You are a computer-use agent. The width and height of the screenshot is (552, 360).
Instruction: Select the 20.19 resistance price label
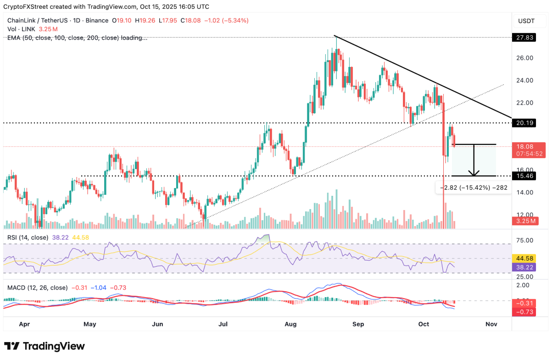click(523, 122)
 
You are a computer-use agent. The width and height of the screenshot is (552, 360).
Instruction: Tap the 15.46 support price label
click(523, 176)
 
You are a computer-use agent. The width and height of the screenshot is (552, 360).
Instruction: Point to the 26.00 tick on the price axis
click(523, 58)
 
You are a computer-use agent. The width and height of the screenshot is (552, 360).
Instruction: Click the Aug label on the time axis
click(290, 324)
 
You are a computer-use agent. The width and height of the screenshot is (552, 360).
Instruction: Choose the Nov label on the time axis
click(491, 324)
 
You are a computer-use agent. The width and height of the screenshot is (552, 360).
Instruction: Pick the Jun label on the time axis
click(157, 324)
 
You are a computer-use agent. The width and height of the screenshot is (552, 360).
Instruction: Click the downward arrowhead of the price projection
click(474, 173)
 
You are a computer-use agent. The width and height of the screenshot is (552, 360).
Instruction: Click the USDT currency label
click(527, 21)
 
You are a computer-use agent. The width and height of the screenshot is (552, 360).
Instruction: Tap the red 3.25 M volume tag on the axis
click(523, 221)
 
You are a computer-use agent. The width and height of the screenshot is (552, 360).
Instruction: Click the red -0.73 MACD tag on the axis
click(523, 312)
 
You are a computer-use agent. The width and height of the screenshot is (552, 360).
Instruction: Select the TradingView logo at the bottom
click(45, 346)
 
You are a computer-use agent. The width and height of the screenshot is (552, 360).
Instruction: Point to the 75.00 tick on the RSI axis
click(523, 240)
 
